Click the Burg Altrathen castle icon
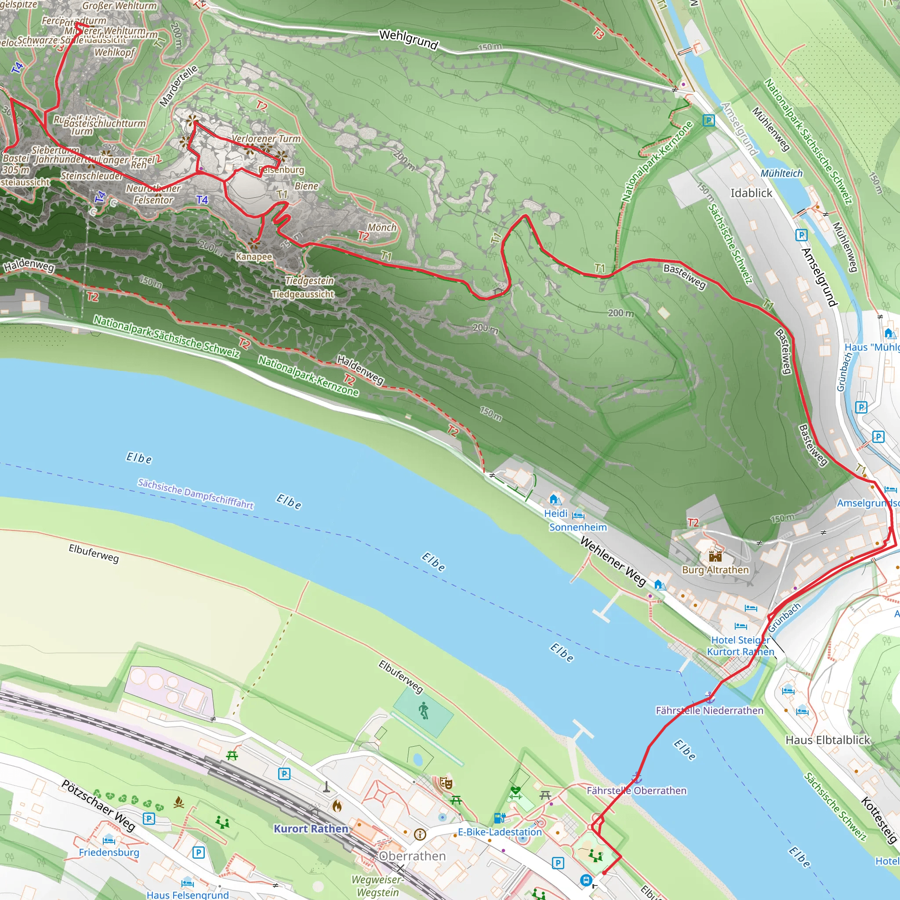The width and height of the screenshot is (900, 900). (x=715, y=556)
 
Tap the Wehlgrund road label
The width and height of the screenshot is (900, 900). (x=408, y=39)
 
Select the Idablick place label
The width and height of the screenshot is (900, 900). (x=751, y=193)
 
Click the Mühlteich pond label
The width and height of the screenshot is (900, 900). (x=781, y=173)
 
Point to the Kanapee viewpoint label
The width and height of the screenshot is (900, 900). (x=254, y=257)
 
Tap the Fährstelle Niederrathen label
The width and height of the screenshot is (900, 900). (x=709, y=711)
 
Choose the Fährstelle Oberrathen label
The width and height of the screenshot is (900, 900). (x=636, y=791)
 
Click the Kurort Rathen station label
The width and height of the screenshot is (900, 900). (x=311, y=829)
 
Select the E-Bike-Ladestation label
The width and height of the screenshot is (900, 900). (x=499, y=832)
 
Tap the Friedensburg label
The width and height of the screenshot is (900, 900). (x=109, y=852)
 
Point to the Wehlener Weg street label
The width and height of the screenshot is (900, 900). (x=613, y=561)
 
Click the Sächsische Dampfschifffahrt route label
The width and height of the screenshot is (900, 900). (x=195, y=494)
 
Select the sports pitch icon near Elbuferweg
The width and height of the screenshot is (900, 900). (x=423, y=711)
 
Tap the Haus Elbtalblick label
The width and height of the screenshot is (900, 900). (x=827, y=740)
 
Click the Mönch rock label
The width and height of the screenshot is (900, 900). (x=382, y=227)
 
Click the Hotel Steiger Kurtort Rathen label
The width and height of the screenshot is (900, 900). (x=740, y=646)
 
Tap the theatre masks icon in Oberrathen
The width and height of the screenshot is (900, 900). (x=446, y=783)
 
